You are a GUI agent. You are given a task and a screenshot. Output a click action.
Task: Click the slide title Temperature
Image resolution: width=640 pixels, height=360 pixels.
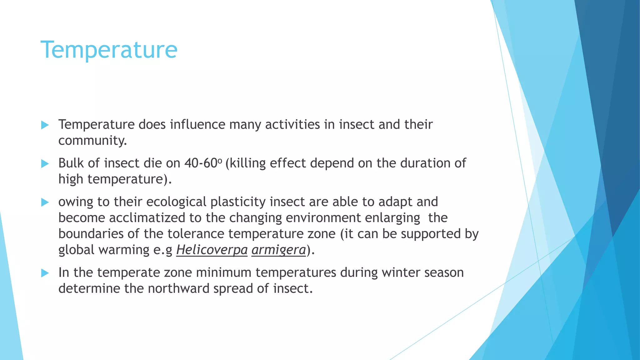[x=109, y=50]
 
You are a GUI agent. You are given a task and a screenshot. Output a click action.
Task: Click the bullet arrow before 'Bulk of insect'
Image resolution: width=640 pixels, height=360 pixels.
[x=45, y=163]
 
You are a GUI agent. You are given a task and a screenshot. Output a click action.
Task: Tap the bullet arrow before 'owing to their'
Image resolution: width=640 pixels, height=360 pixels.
[x=45, y=202]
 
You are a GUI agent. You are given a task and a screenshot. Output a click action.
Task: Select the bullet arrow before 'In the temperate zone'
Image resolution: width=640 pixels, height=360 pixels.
[x=45, y=273]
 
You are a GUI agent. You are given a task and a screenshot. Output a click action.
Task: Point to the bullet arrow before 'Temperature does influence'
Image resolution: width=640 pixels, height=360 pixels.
[x=45, y=125]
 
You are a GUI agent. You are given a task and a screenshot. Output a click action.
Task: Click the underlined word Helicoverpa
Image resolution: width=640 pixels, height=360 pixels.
[x=212, y=250]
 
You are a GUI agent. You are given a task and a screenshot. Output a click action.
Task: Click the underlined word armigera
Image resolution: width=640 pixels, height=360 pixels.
[x=278, y=250]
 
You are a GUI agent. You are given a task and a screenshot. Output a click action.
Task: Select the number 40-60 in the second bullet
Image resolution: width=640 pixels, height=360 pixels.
[x=200, y=163]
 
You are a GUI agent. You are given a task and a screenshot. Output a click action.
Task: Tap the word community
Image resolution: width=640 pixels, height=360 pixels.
[x=92, y=141]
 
